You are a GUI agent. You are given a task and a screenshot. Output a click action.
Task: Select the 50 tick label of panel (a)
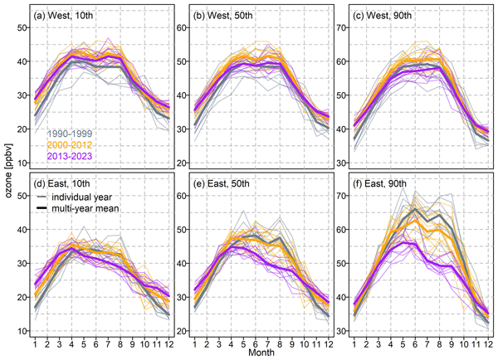[x=22, y=27]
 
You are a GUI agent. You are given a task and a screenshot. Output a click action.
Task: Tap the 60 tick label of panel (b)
[x=180, y=27]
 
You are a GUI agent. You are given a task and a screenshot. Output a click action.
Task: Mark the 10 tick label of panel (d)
[x=22, y=330]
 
